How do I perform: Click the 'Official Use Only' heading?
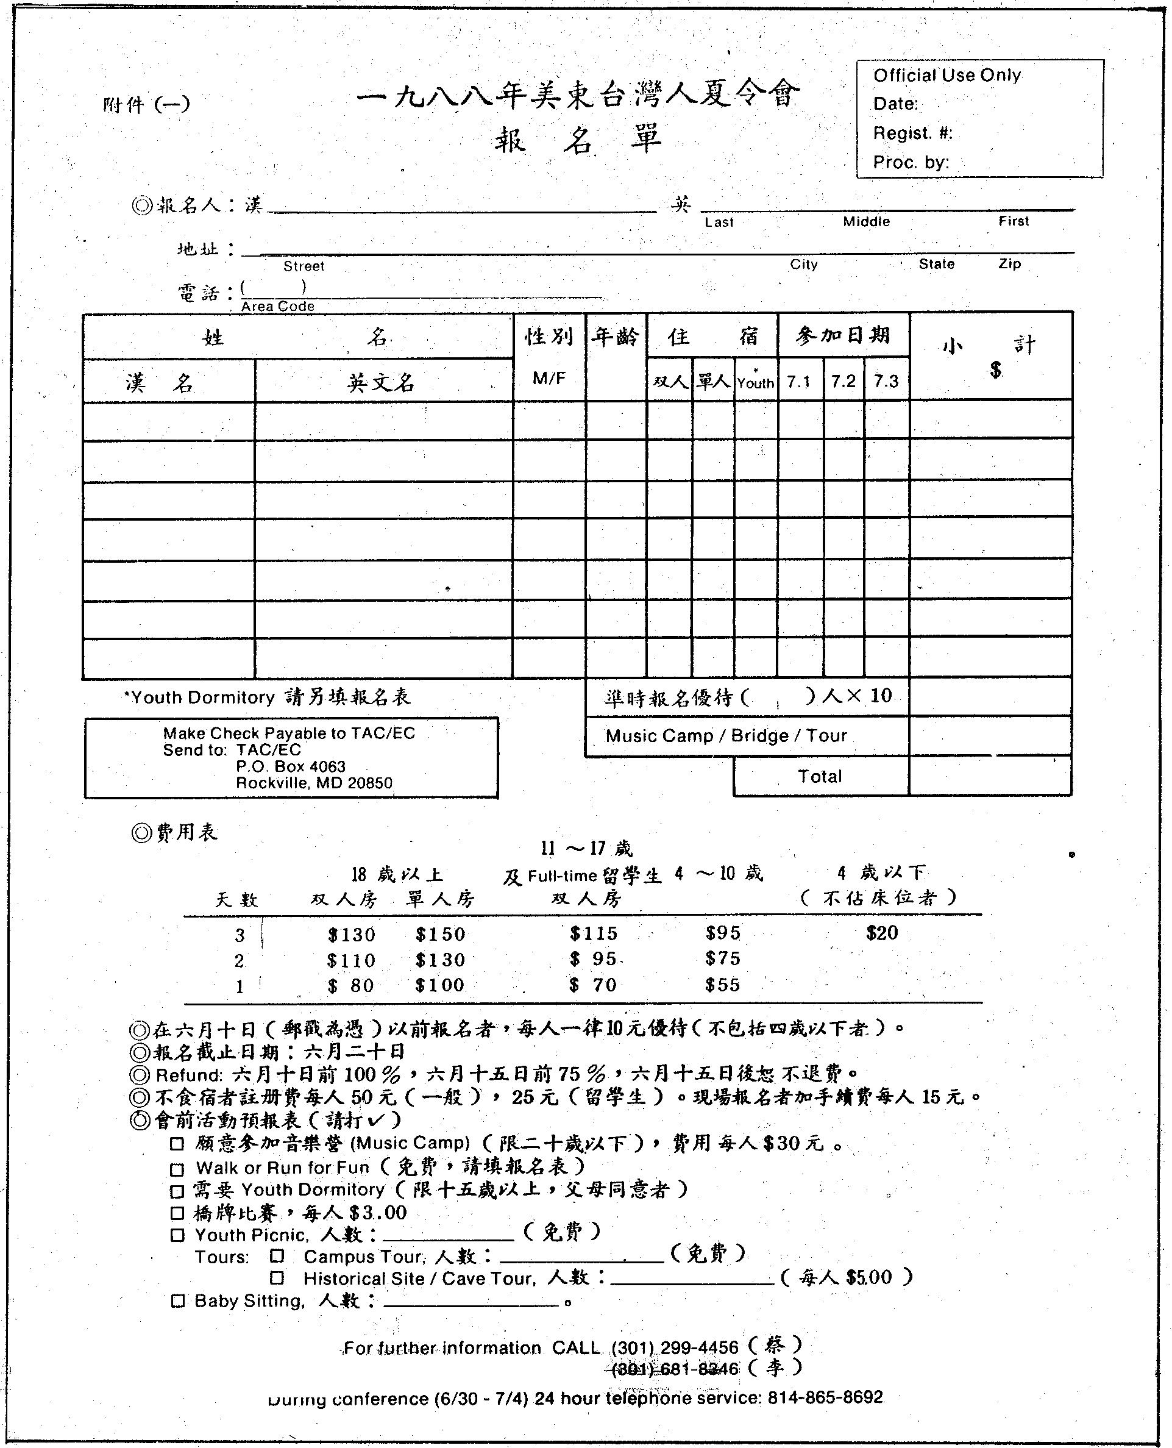(946, 76)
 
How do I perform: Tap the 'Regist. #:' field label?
(912, 133)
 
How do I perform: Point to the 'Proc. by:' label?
(911, 162)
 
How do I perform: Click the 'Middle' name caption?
(866, 221)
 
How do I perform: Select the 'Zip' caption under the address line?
(1009, 263)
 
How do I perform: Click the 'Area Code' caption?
(277, 306)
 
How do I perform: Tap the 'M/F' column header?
(549, 378)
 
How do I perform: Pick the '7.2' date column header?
(843, 382)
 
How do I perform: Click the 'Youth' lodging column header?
(756, 383)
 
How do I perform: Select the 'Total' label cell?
(820, 776)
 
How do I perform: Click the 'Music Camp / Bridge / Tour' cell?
(726, 735)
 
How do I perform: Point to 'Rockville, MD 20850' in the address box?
(314, 783)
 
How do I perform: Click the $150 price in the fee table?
(440, 935)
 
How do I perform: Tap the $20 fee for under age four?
(882, 933)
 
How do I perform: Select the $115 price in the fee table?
(594, 934)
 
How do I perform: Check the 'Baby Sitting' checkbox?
(177, 1301)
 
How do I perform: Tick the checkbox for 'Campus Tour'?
(277, 1256)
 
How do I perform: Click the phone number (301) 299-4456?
(675, 1347)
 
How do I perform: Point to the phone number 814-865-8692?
(825, 1397)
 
